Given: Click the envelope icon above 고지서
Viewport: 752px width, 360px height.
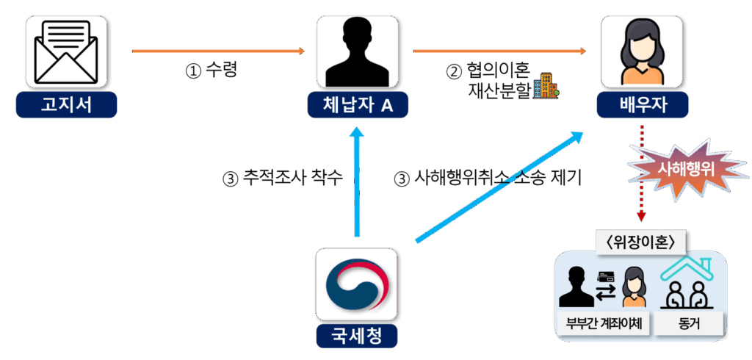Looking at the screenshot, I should point(67,51).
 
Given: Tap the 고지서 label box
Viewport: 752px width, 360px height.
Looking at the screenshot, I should point(67,106).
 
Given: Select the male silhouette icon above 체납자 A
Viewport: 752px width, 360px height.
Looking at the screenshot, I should point(357,51).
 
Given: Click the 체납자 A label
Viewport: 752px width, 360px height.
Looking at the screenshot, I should point(358,106).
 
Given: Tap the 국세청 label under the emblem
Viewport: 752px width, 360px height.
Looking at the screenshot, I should point(356,337).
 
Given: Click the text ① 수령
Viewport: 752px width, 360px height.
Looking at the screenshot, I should point(211,71).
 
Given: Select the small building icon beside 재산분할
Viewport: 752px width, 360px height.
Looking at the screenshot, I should point(546,86).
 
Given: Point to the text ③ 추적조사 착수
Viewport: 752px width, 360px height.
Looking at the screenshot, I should point(283,178).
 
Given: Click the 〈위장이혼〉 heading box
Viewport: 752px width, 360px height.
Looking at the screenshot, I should point(637,242).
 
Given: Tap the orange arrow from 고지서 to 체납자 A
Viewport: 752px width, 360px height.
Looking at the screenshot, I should point(218,51).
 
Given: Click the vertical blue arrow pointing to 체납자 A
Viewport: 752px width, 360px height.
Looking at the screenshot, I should point(357,184).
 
